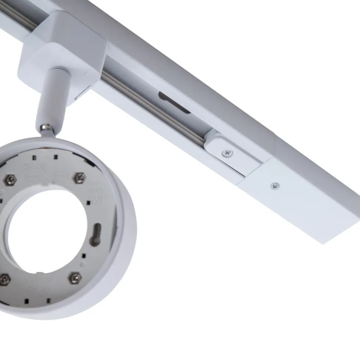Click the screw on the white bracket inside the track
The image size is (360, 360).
click(x=227, y=152)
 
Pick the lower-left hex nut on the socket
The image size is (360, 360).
click(x=4, y=280)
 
